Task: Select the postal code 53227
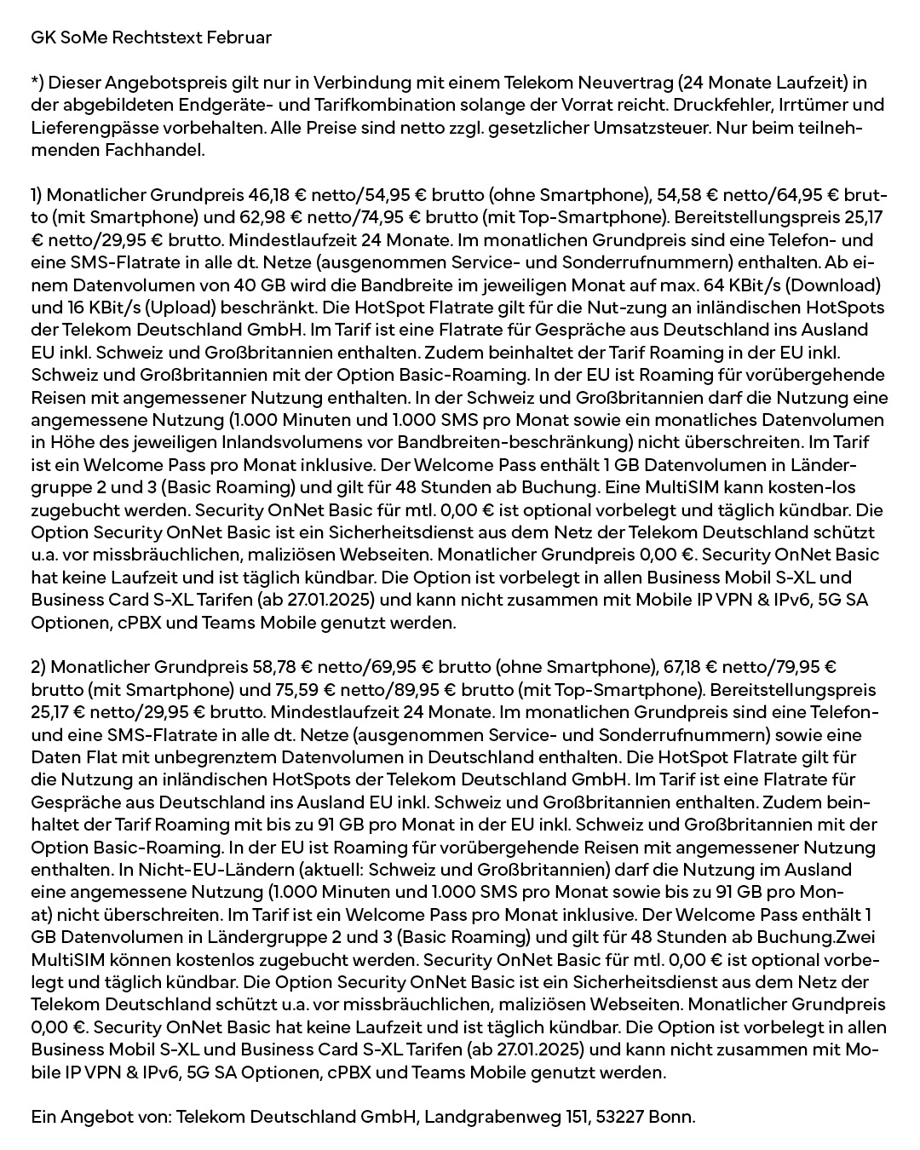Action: [x=615, y=1117]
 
